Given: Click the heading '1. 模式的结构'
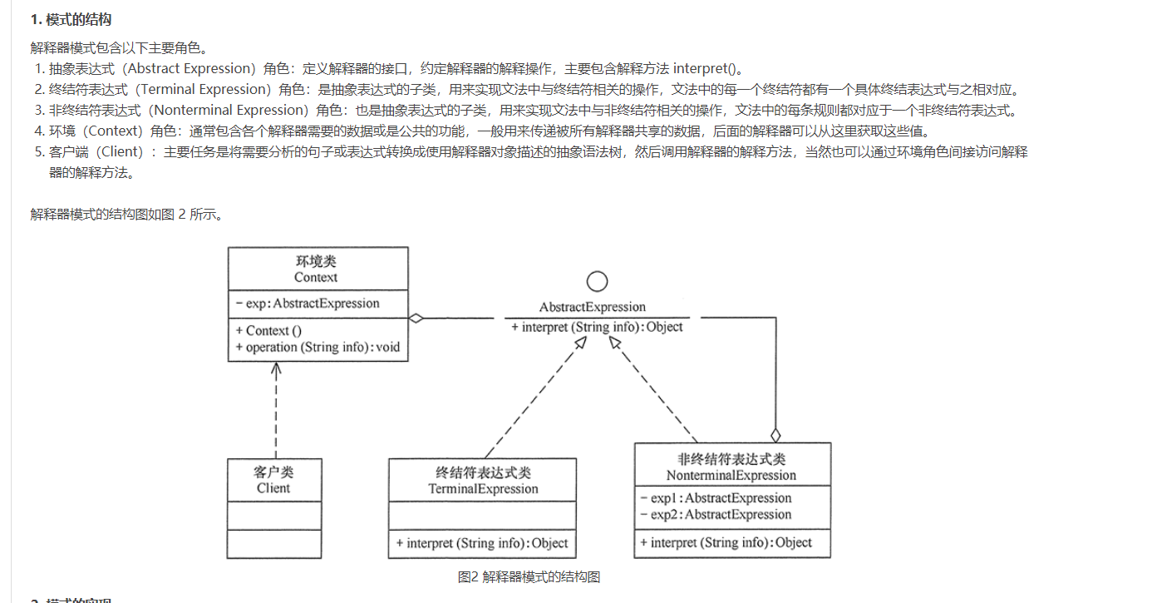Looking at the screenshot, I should (x=71, y=19).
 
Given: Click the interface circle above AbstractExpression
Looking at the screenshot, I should (x=597, y=282).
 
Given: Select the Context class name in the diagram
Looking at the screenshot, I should (x=316, y=277).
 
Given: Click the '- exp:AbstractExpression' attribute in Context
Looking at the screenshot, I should (x=308, y=304).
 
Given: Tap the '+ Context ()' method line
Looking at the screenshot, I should (x=268, y=330).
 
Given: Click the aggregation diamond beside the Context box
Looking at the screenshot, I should (x=416, y=318).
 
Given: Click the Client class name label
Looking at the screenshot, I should (x=273, y=488).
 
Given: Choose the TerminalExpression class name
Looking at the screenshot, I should (x=483, y=489).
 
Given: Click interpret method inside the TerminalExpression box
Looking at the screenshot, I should (x=482, y=543).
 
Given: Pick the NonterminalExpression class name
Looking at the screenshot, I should (x=731, y=476).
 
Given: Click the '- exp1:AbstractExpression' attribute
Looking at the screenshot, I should (x=716, y=498).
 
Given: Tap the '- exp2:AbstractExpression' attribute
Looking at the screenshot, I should (x=716, y=515).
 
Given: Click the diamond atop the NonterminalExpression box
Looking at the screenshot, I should (x=775, y=434).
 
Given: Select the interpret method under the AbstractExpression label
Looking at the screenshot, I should (x=597, y=327).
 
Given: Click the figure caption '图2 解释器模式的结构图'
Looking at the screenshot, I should (x=529, y=576).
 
